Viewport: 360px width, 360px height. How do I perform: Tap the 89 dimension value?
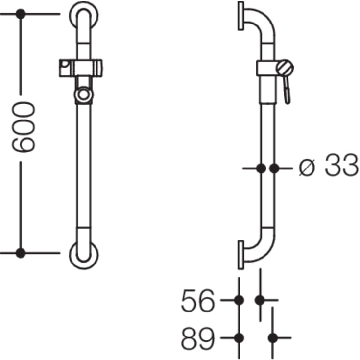pyautogui.click(x=198, y=337)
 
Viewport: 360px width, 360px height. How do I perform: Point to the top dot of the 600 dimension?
pyautogui.click(x=20, y=14)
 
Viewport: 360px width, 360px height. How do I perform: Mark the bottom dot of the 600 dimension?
pyautogui.click(x=20, y=253)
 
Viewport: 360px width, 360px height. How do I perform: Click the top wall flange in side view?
pyautogui.click(x=241, y=16)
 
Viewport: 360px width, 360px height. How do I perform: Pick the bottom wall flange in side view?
pyautogui.click(x=241, y=254)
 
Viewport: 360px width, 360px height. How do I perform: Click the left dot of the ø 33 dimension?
pyautogui.click(x=261, y=168)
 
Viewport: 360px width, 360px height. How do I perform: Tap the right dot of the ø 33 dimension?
pyautogui.click(x=274, y=168)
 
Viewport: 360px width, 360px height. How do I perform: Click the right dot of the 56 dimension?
pyautogui.click(x=260, y=300)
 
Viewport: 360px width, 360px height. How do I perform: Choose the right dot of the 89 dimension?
pyautogui.click(x=273, y=337)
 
